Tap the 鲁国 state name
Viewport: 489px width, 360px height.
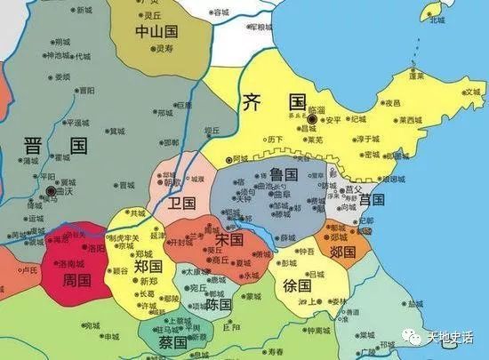pos(284,177)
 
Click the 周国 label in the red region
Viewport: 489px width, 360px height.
pos(77,281)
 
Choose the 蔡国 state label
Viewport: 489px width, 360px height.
pos(172,342)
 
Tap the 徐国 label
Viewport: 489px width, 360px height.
pos(298,286)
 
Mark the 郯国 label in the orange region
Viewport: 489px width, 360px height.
pos(342,252)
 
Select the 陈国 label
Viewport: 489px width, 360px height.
pos(219,304)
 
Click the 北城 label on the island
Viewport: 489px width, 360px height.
pos(437,20)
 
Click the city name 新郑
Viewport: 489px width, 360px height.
pos(147,280)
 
